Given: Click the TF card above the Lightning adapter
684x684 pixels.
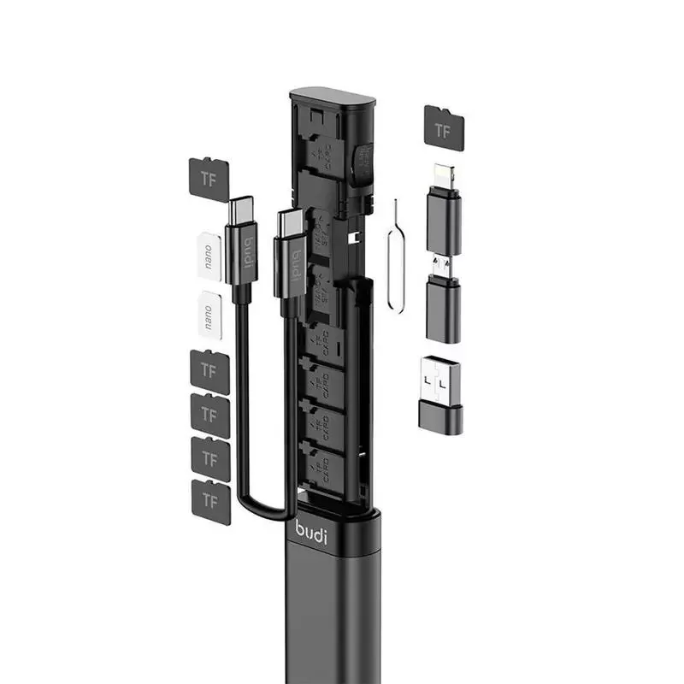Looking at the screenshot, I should [444, 128].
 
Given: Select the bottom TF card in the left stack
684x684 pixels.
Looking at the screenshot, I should [210, 501].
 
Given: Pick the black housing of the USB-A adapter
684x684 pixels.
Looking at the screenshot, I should [440, 414].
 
